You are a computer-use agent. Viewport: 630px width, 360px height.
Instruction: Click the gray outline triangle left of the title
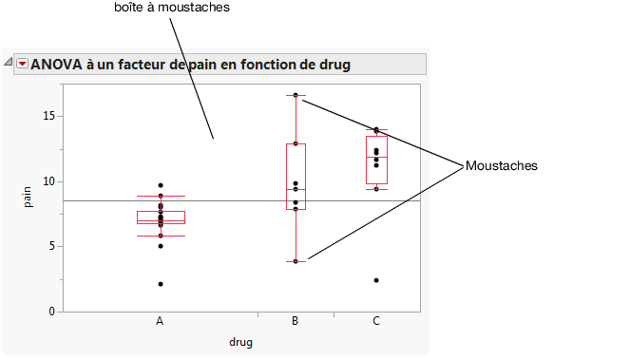(x=8, y=64)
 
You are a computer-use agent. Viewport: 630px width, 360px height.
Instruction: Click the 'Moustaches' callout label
(x=502, y=165)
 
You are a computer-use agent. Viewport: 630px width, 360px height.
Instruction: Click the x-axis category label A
(x=160, y=321)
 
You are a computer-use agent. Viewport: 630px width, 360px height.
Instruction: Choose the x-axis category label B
(x=296, y=321)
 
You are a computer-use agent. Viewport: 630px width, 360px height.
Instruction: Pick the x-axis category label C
(x=376, y=321)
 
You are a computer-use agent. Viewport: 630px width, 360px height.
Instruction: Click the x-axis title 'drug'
(x=240, y=342)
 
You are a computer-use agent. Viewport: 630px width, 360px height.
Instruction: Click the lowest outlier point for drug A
(x=161, y=284)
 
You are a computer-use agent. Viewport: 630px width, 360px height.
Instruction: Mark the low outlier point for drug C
(x=376, y=280)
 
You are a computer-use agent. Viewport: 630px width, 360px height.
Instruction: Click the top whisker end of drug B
(x=296, y=95)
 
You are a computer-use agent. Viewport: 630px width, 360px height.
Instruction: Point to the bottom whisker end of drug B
(x=296, y=261)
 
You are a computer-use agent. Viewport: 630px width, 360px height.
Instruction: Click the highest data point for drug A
(x=161, y=185)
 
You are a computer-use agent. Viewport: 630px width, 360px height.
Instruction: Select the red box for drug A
(x=161, y=218)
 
